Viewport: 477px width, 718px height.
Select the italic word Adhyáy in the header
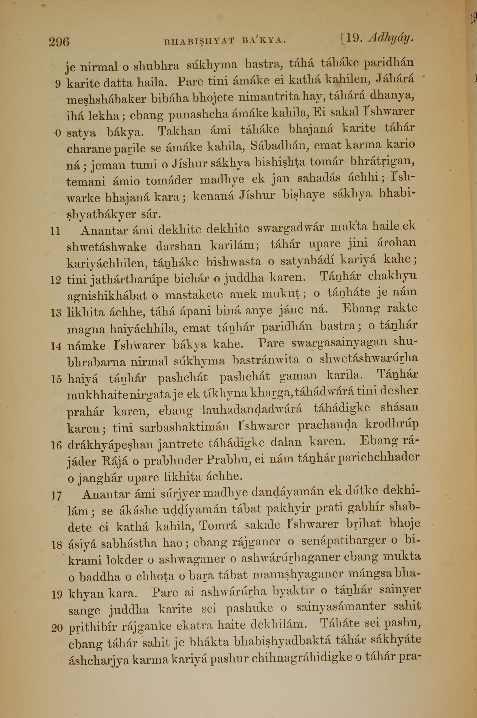pos(391,38)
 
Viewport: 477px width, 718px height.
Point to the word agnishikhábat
pos(107,296)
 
